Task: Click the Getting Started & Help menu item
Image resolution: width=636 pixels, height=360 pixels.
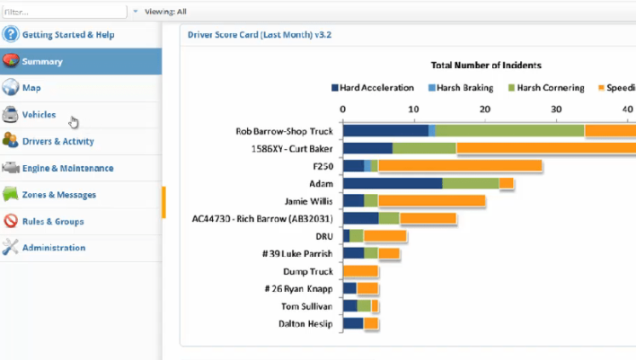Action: [x=68, y=35]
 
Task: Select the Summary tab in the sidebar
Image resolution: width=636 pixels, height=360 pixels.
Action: [x=42, y=62]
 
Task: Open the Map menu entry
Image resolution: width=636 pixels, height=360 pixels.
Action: [x=31, y=88]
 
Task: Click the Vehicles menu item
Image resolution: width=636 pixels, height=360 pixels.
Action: [x=39, y=115]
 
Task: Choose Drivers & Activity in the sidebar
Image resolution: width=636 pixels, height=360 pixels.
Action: [x=57, y=141]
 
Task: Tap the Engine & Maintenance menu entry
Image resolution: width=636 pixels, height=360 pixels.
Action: [x=67, y=168]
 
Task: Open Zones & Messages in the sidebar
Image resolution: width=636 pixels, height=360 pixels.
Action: [x=59, y=195]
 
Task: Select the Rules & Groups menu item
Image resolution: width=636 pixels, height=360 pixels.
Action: [x=53, y=221]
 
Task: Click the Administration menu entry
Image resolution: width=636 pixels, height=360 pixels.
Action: [x=54, y=248]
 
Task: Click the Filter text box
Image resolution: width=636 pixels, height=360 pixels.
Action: [x=63, y=12]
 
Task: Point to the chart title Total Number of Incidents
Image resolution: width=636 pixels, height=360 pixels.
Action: [x=486, y=66]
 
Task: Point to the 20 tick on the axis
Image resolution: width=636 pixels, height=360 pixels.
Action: [x=485, y=109]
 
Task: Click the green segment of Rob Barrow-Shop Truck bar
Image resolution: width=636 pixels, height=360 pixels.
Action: [x=509, y=131]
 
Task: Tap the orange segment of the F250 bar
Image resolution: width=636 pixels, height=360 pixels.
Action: [x=460, y=165]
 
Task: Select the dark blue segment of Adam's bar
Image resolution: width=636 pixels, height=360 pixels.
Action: [x=393, y=183]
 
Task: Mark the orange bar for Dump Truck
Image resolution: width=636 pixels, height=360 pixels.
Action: [x=360, y=271]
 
